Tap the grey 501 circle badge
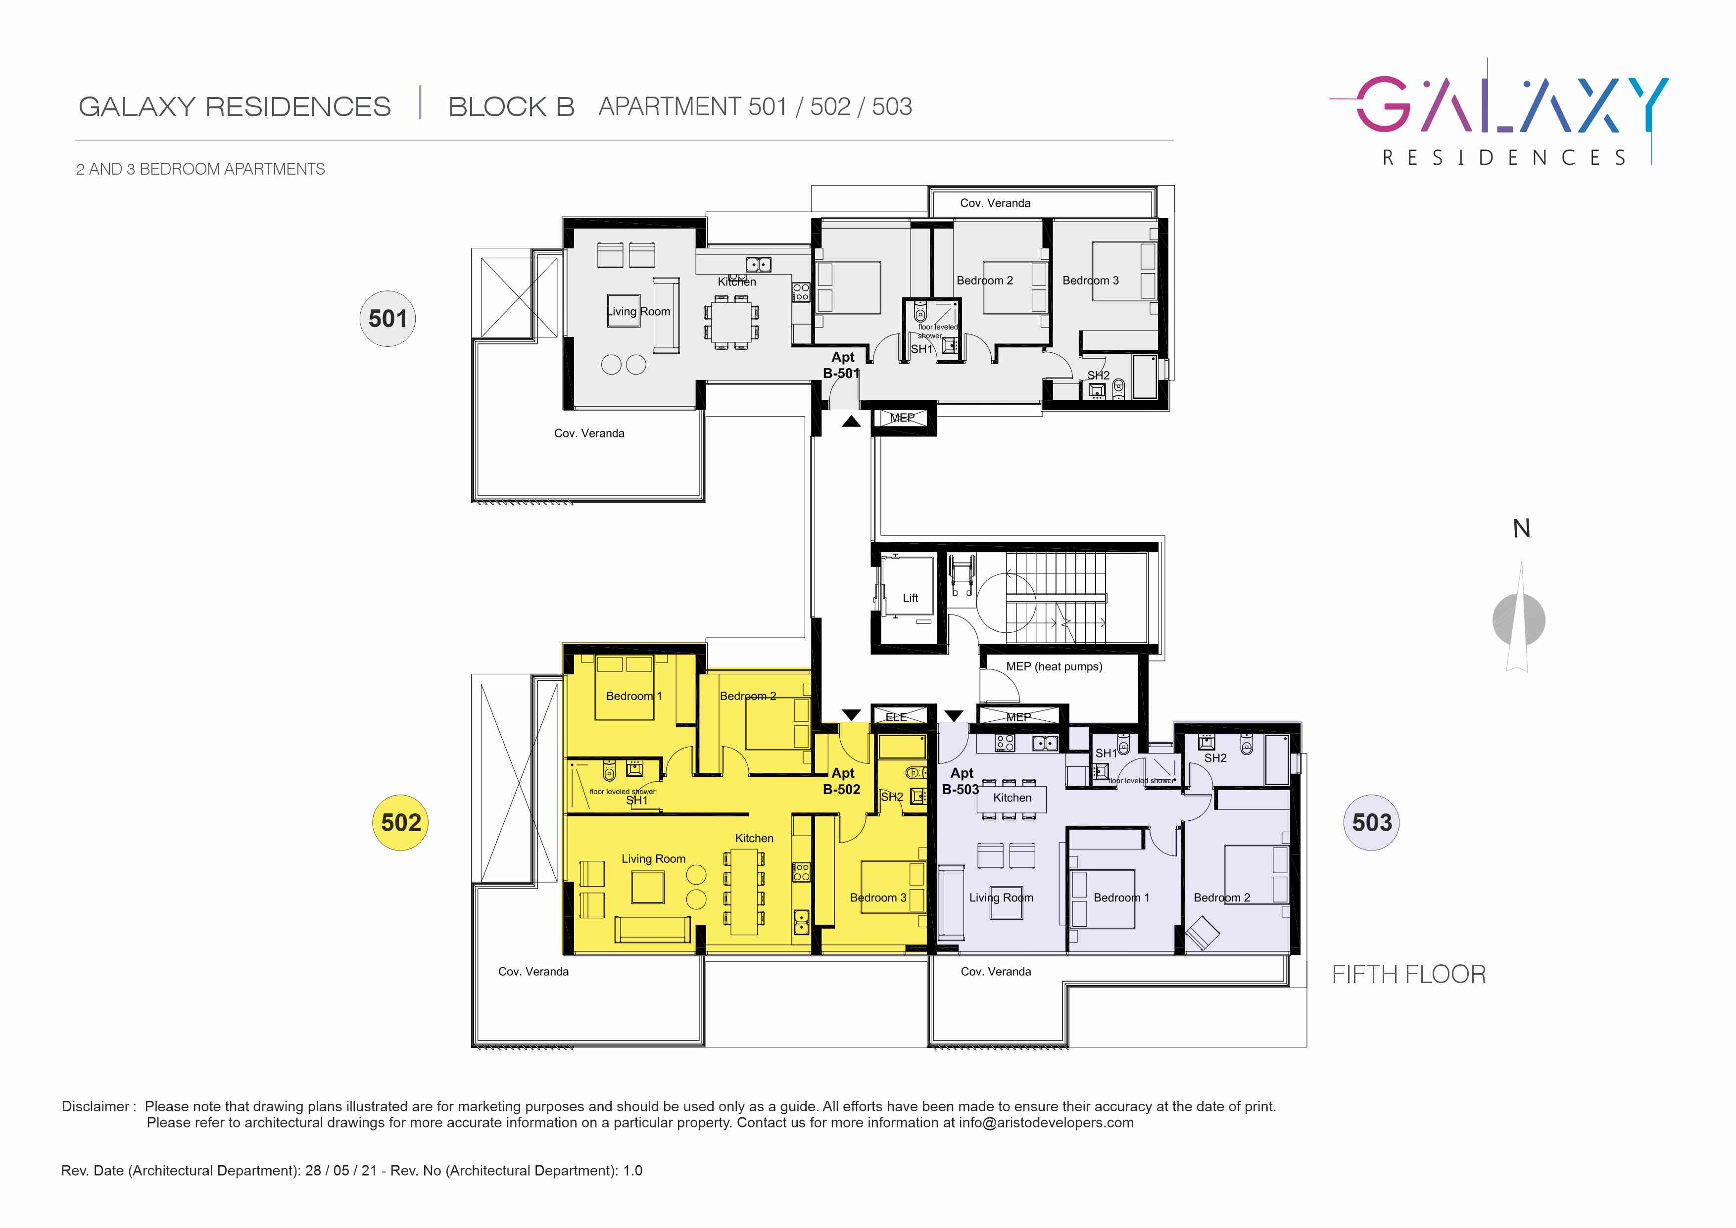coord(387,318)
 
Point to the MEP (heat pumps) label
coord(1054,666)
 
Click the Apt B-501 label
coord(842,365)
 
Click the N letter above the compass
coord(1521,528)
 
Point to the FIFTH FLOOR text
coord(1408,974)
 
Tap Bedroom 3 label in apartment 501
coord(1090,281)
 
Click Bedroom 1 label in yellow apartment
coord(633,696)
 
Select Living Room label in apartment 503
coord(1001,897)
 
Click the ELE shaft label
coord(896,717)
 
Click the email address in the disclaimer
coord(1047,1122)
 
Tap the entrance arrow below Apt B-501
coord(851,421)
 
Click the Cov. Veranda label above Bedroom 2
coord(995,203)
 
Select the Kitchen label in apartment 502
coord(754,838)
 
